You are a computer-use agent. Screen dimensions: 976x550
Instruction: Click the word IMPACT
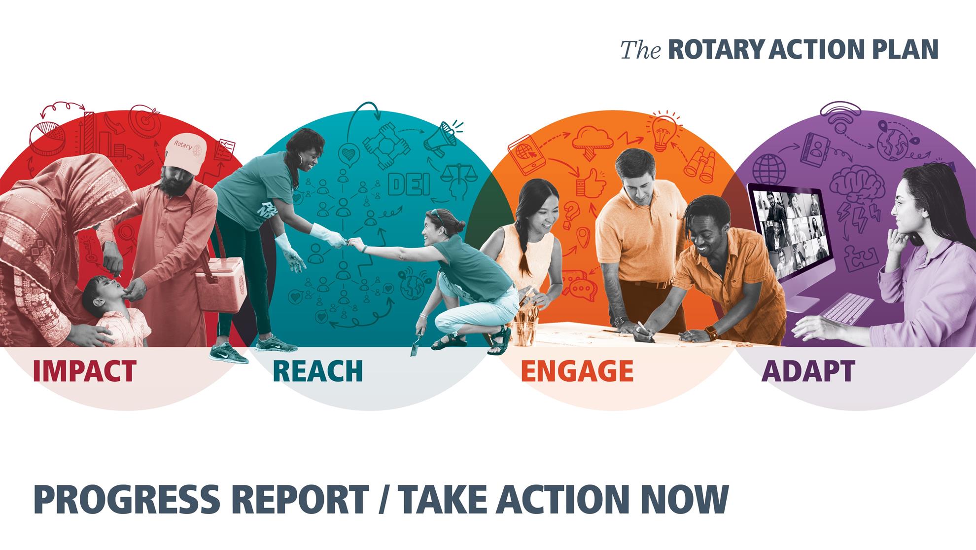tap(85, 371)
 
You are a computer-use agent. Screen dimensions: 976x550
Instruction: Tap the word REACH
tap(318, 371)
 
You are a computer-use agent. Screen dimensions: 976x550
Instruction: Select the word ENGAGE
tap(577, 371)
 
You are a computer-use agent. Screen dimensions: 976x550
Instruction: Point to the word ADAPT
tap(808, 371)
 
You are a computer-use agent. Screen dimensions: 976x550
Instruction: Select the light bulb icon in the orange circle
tap(663, 129)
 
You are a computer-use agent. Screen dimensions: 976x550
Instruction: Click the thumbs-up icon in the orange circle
tap(591, 183)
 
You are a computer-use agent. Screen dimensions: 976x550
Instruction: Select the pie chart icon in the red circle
tap(48, 132)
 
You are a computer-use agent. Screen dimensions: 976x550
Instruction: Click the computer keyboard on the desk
tap(847, 306)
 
